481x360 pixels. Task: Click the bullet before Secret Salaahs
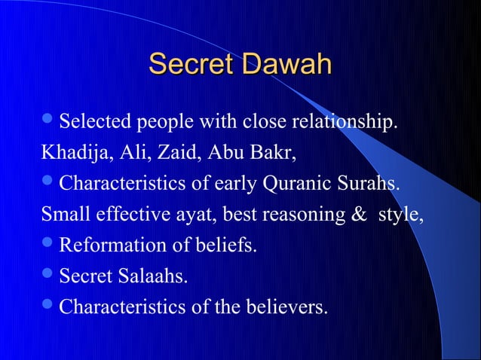(x=48, y=276)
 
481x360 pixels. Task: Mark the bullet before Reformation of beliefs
(x=48, y=245)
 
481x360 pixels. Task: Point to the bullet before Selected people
(x=48, y=120)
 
